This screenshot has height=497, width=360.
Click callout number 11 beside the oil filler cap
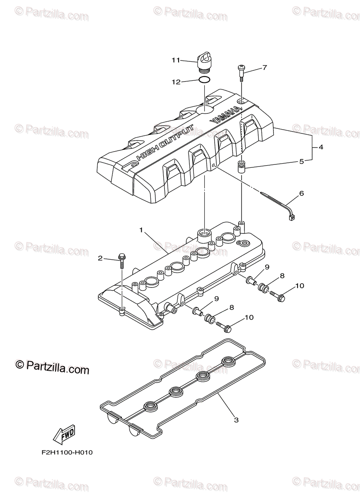pos(176,60)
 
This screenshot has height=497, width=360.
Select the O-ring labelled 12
pos(203,80)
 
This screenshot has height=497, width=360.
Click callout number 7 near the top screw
pos(265,67)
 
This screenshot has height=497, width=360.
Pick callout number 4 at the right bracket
pos(321,147)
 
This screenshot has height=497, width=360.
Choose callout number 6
pos(302,193)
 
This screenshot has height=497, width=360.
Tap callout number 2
pos(100,258)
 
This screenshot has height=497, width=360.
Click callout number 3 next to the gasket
pos(236,420)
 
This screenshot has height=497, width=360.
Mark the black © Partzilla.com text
pos(52,367)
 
